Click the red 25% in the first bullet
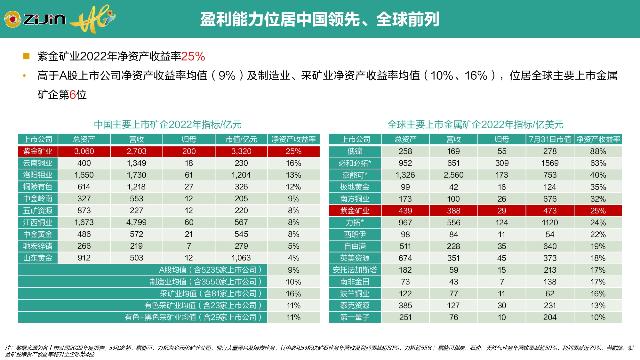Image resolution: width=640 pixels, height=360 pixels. coord(193,57)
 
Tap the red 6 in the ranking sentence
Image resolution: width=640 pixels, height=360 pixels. coord(73,95)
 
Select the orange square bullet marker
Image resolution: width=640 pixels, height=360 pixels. coord(26,57)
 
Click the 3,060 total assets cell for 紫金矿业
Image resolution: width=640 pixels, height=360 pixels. coord(84,151)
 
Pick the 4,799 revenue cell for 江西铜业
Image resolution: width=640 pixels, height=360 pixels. coord(136,222)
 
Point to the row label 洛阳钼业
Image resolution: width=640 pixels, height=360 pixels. coord(38,175)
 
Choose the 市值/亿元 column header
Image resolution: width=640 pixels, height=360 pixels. coord(241,139)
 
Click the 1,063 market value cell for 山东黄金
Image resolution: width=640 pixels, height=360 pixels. coord(241,258)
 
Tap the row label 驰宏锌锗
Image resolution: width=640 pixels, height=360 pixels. coord(38,246)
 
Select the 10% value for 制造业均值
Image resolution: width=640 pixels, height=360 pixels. coord(293,282)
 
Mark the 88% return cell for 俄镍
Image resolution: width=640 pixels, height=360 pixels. coord(598,151)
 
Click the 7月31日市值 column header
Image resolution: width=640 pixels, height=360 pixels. coord(550,139)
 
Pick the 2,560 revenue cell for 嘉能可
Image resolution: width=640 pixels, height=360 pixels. coord(453,175)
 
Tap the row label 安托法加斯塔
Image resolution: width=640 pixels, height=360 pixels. coord(355,270)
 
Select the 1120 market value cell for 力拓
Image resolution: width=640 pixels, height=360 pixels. coord(550,223)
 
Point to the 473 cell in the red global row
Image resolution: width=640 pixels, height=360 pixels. coord(550,211)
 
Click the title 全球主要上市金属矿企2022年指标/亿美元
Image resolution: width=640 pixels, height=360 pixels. coord(475,124)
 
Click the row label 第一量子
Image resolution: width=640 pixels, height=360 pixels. coord(355,317)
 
